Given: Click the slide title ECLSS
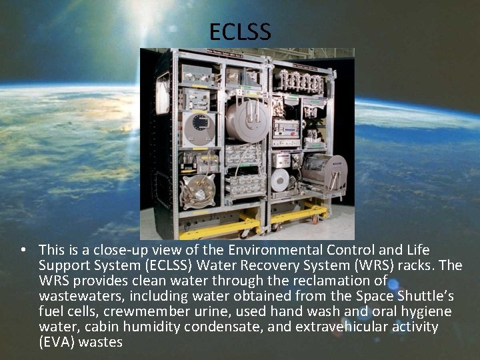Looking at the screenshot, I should pyautogui.click(x=240, y=31).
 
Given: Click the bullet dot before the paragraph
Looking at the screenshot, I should pyautogui.click(x=23, y=250).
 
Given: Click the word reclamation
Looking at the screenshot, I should pyautogui.click(x=329, y=281).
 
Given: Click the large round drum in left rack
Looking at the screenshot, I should pyautogui.click(x=247, y=122).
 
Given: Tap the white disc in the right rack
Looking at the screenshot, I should pyautogui.click(x=281, y=179).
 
